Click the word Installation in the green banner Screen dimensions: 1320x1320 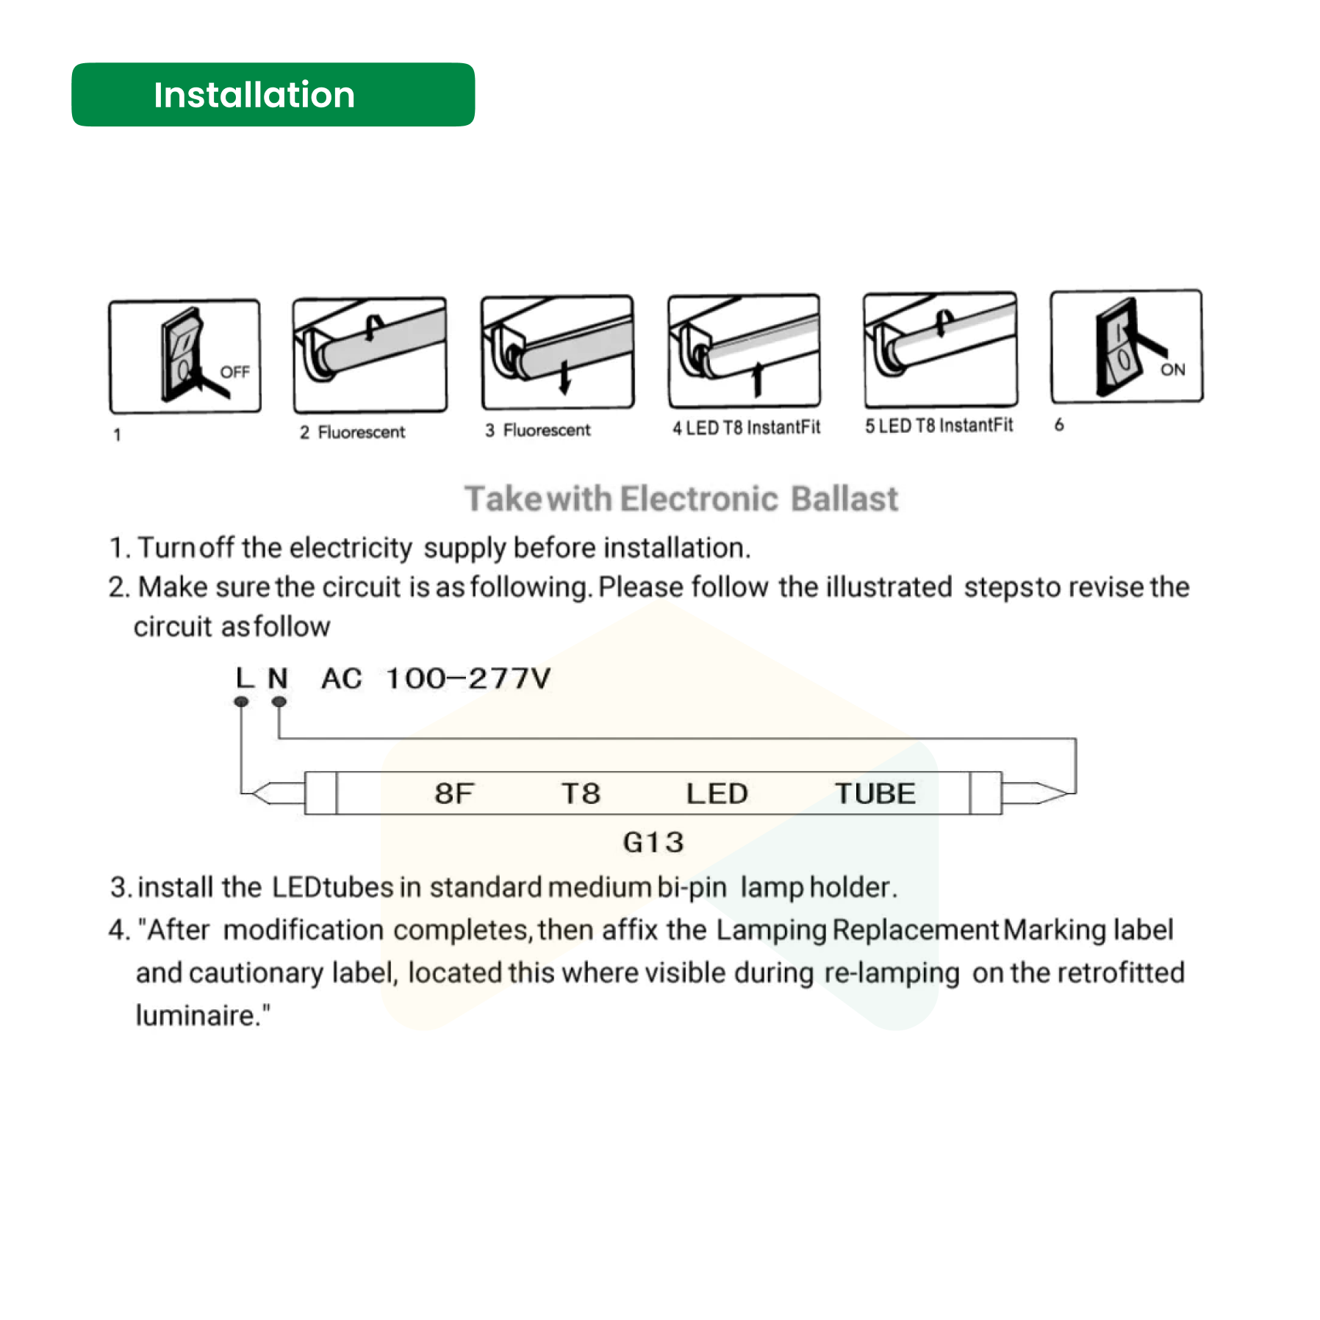(254, 95)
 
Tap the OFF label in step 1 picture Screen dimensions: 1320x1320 (234, 372)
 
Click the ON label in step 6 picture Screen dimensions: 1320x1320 (1172, 370)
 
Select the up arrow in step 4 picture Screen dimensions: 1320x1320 (757, 378)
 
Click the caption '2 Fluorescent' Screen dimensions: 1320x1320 (352, 432)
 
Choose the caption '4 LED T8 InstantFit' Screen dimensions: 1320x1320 (746, 428)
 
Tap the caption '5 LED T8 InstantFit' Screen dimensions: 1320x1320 (939, 426)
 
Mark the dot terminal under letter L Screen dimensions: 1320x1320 (241, 702)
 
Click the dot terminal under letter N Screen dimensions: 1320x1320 (279, 702)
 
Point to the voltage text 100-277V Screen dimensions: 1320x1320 (468, 678)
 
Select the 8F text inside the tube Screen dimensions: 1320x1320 (453, 794)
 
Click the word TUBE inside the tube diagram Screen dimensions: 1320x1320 (875, 794)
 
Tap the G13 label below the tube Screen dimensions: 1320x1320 (653, 842)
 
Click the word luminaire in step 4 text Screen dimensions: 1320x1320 (195, 1015)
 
